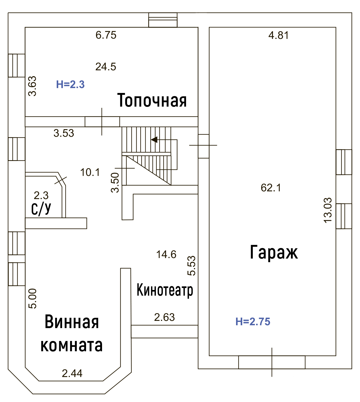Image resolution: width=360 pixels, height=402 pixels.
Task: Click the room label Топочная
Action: pos(152,100)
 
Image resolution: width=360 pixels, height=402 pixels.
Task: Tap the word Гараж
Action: pos(274,252)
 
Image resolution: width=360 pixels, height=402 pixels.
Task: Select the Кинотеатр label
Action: pos(165,290)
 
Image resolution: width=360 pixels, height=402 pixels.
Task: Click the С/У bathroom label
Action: pos(41,209)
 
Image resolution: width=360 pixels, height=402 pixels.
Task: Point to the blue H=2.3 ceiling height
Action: pos(70,84)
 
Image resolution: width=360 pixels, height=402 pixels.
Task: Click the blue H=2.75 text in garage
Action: pos(253,322)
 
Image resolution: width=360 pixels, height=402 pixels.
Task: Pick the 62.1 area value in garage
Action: pos(271,188)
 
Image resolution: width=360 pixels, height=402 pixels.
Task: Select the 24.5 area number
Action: pos(106,67)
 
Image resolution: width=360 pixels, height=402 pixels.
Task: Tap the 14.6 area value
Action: pos(166,254)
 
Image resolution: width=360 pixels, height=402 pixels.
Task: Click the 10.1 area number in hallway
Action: pos(90,172)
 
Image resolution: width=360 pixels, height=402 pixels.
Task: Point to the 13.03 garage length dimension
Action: pos(328,210)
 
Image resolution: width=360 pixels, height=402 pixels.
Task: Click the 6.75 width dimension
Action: pos(106,35)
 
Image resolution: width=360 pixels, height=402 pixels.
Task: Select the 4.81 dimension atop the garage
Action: pos(279,35)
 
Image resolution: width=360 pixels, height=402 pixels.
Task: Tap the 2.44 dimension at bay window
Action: pos(72,373)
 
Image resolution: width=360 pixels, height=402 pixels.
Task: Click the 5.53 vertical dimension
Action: pos(191,266)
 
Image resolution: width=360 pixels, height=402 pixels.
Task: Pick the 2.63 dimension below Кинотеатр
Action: pos(164,317)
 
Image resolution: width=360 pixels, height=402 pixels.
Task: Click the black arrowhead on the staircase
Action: pos(154,140)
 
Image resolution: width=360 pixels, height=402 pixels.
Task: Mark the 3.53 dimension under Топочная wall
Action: pos(64,133)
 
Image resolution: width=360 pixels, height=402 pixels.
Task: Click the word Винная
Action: pos(72,322)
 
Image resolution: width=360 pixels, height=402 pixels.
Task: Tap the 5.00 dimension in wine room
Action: pos(32,298)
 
